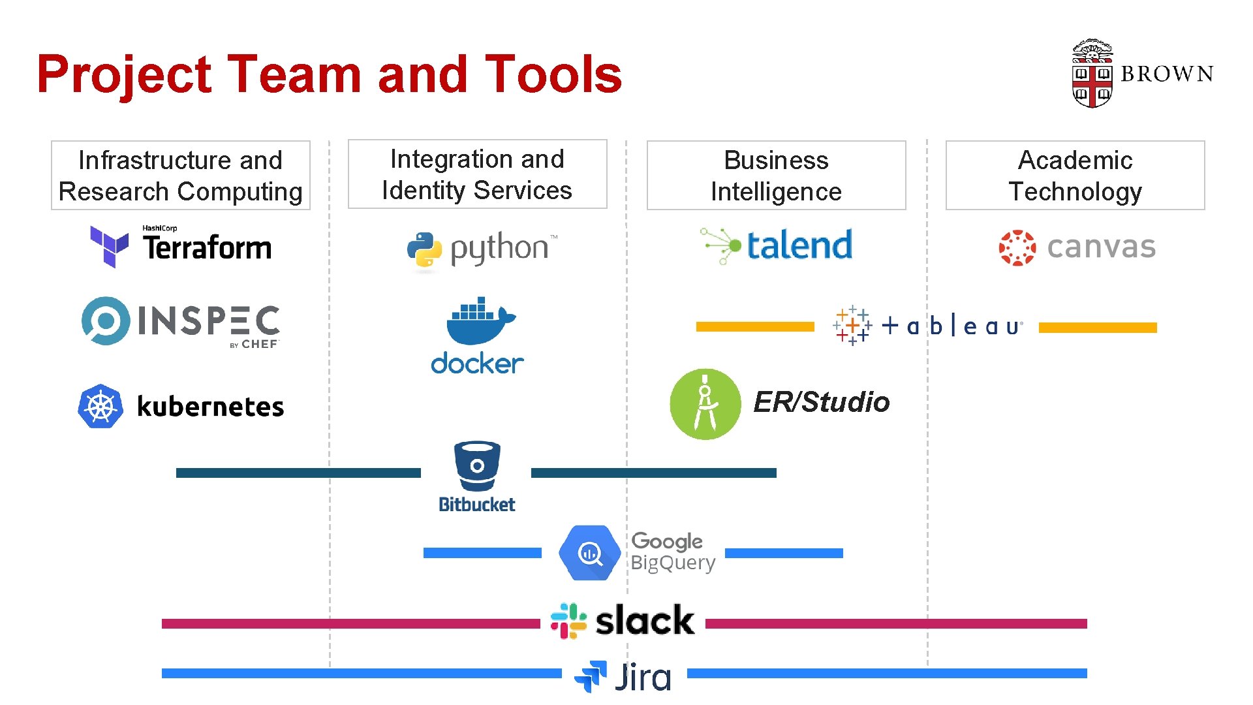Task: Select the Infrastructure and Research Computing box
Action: click(181, 176)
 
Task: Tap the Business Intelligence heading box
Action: click(776, 176)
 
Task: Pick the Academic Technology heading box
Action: click(1075, 176)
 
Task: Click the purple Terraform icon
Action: click(108, 246)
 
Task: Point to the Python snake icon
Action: click(424, 249)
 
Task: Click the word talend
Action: click(799, 245)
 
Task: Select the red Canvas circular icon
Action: click(1017, 247)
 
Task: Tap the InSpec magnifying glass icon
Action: click(105, 321)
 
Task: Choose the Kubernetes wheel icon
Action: click(101, 406)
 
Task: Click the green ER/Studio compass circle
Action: click(705, 404)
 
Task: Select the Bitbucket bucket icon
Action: click(477, 466)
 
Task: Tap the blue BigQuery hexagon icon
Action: click(589, 553)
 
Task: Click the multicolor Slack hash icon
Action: click(568, 620)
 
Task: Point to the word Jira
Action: click(643, 677)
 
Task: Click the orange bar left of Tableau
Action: click(755, 326)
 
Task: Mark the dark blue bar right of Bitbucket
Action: click(653, 473)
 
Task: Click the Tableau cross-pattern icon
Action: click(852, 325)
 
